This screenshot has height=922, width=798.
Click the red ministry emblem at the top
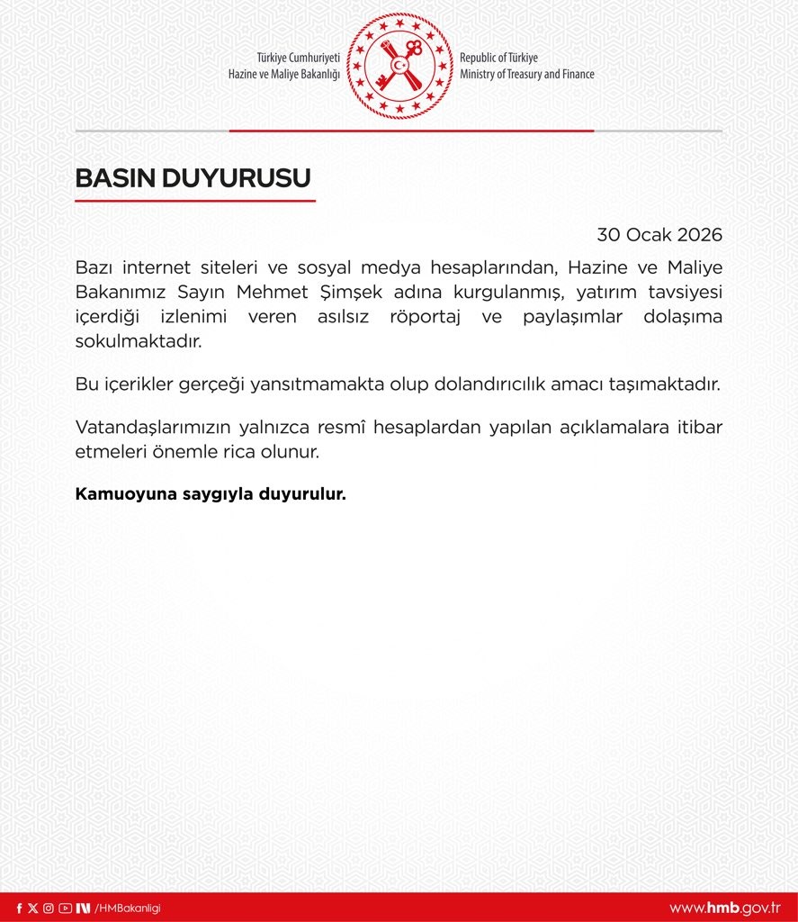click(399, 66)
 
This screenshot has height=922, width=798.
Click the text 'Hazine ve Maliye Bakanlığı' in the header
click(284, 75)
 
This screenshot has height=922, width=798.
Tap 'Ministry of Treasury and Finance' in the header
click(526, 75)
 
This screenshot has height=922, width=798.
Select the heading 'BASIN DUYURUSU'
click(193, 178)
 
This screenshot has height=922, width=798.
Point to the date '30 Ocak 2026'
click(659, 235)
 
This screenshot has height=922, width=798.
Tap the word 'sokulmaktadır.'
click(139, 342)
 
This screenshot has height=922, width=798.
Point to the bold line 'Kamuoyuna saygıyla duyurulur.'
click(211, 495)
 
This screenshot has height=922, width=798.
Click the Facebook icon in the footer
click(20, 908)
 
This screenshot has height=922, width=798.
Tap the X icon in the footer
click(33, 908)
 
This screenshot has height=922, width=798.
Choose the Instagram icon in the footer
click(49, 908)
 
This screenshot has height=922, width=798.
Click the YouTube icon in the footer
click(65, 908)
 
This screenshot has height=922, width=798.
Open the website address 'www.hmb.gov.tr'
click(724, 908)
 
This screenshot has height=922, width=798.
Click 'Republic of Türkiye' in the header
click(498, 58)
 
